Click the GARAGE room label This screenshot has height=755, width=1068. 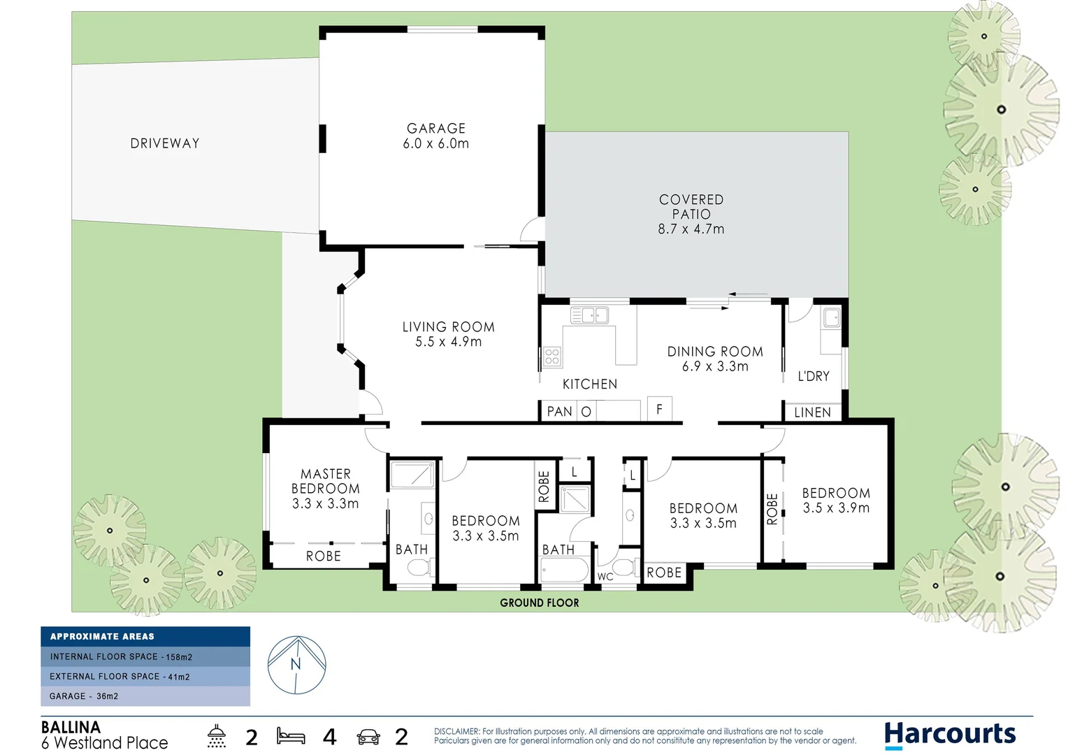436,129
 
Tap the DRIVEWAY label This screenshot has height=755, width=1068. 165,143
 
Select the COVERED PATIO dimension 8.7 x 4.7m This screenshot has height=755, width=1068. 691,229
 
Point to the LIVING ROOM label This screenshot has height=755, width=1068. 448,327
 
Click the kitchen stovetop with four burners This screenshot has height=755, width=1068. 552,357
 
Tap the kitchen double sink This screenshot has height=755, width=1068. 590,316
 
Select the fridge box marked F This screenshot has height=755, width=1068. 659,409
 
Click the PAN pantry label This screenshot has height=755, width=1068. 559,412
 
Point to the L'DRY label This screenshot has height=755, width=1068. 814,376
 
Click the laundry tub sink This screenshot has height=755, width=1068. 831,318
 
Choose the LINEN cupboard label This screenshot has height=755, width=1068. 812,412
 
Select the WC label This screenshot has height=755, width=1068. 605,577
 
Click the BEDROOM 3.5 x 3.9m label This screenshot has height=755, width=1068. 836,501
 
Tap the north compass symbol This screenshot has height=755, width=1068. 297,665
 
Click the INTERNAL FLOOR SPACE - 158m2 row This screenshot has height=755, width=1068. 145,657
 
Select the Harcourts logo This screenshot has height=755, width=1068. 950,734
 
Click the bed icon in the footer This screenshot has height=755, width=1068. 291,736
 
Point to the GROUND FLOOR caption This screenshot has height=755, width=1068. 540,603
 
